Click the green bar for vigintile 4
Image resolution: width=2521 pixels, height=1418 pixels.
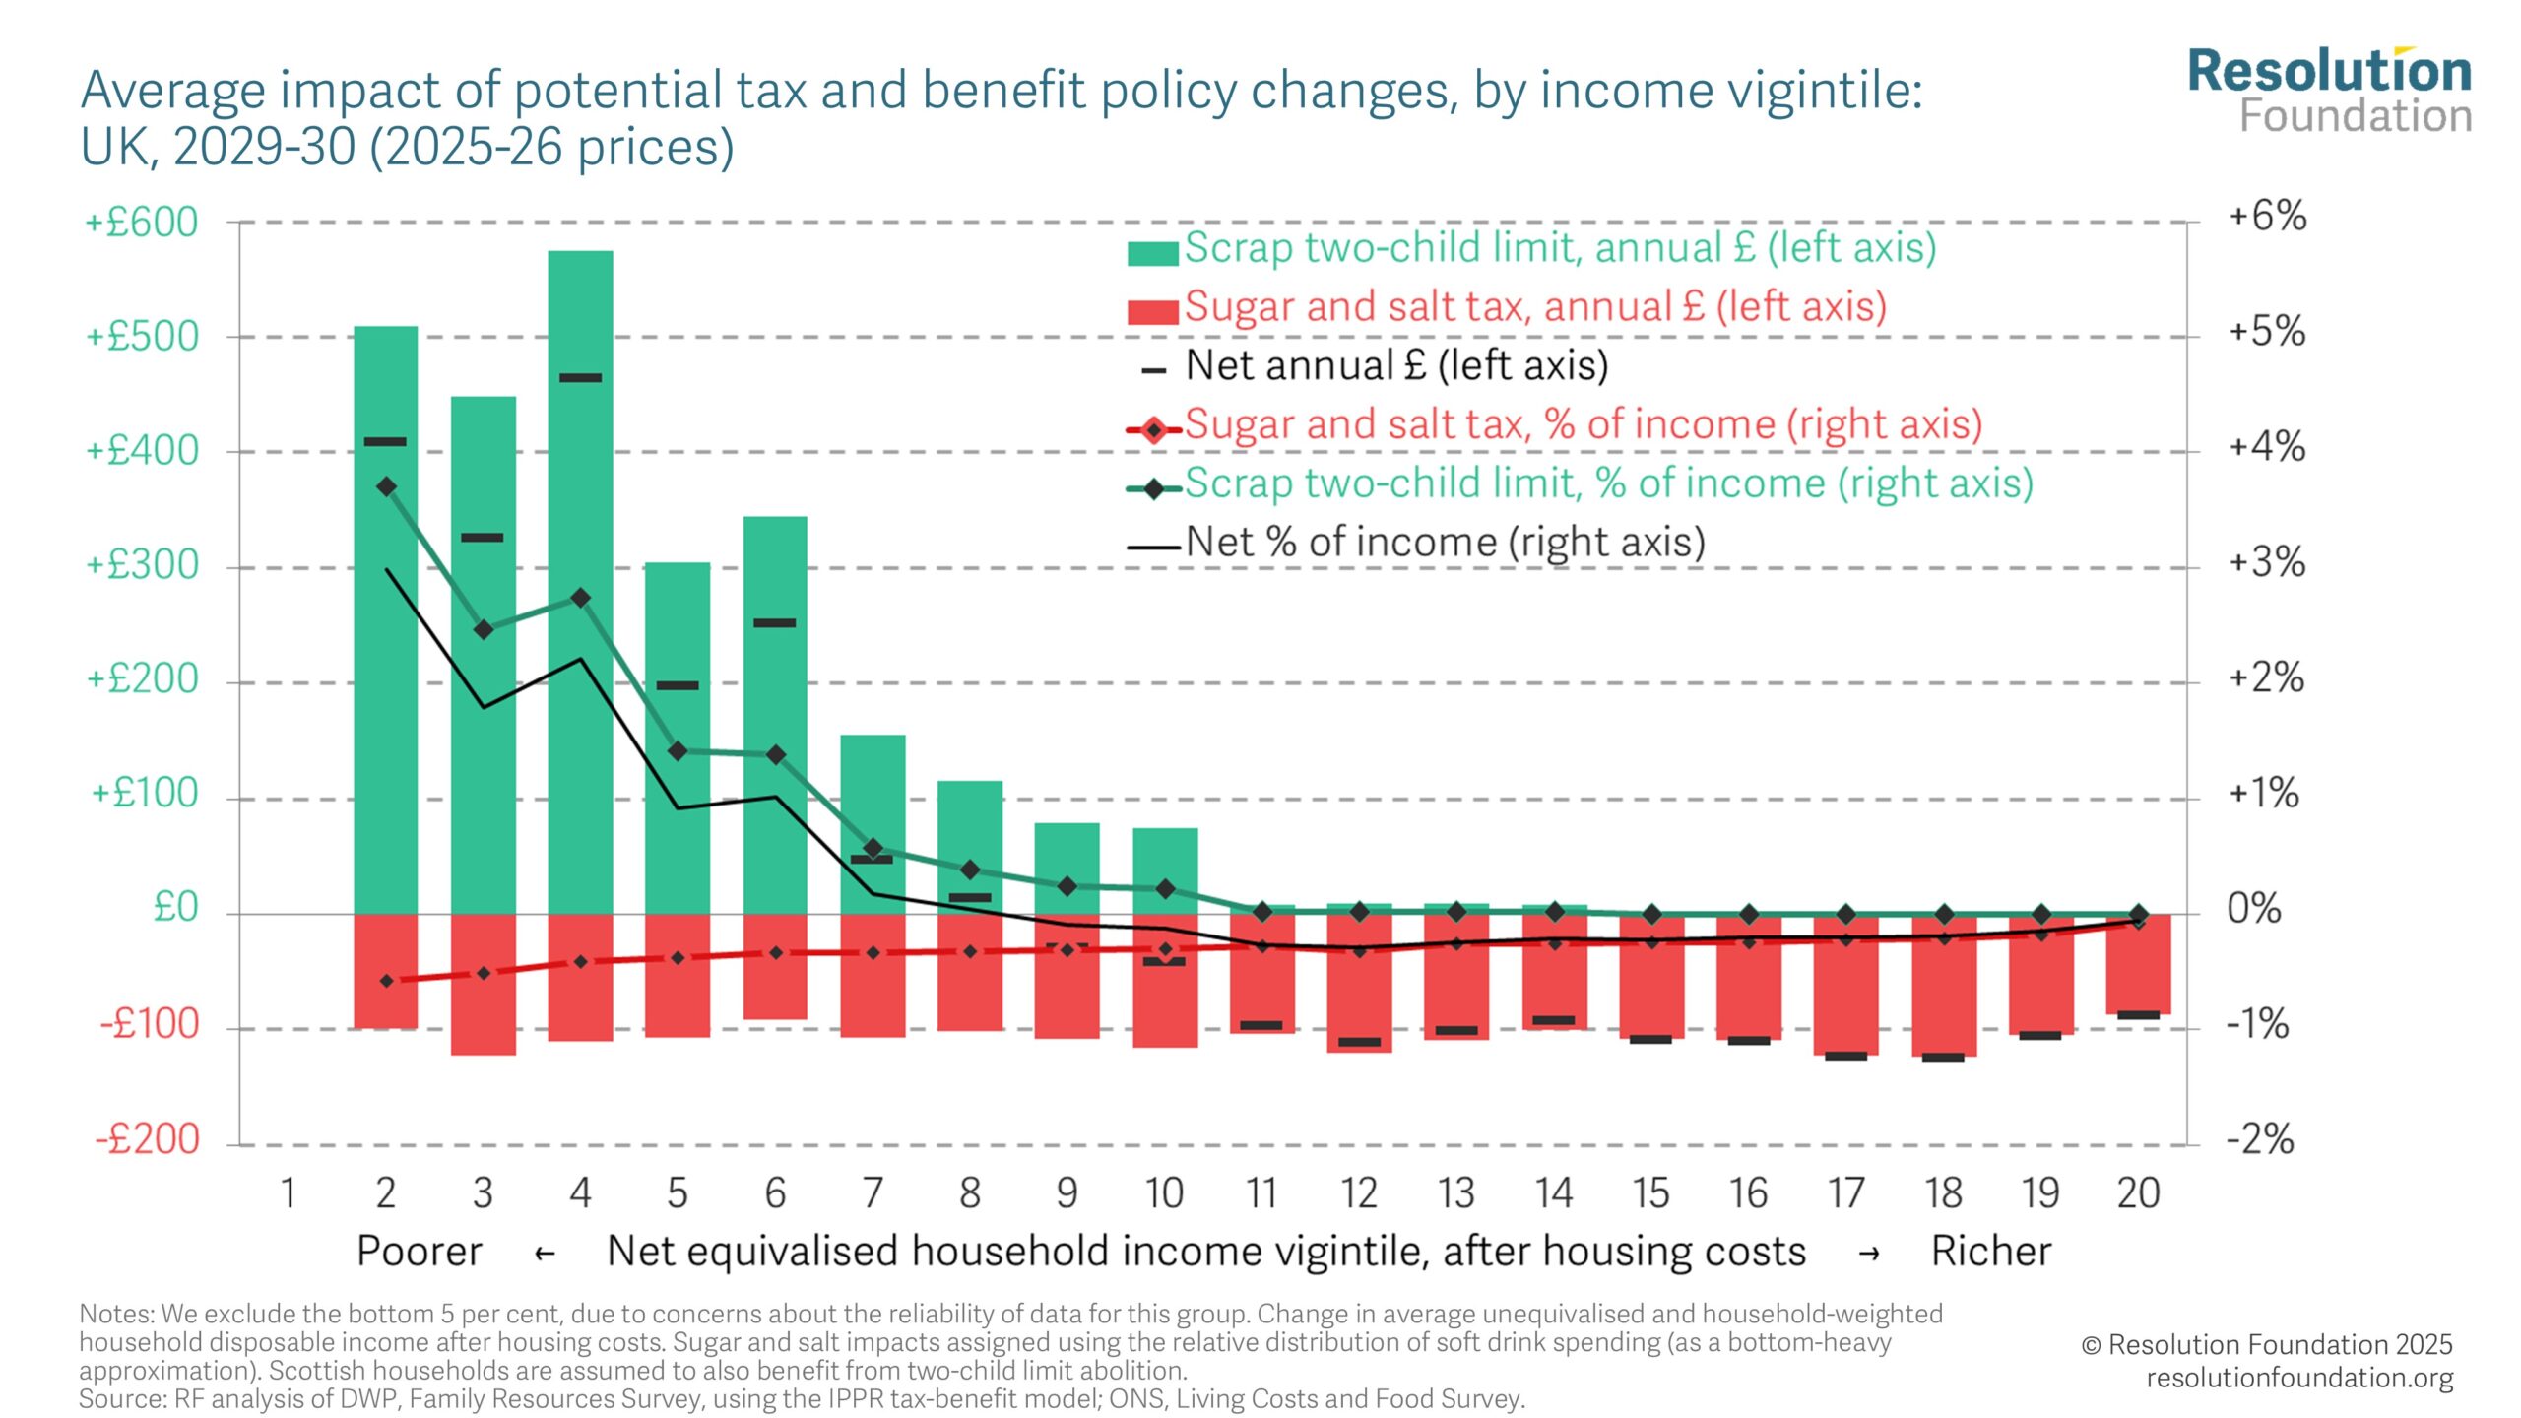coord(580,581)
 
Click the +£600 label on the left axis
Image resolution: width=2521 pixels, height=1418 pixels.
coord(142,223)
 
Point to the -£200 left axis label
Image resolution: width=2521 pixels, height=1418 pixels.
coord(148,1139)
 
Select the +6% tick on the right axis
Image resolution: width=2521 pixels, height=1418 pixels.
coord(2267,216)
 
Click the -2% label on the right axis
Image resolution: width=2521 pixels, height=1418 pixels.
coord(2260,1139)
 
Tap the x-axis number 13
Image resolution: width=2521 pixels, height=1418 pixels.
coord(1455,1193)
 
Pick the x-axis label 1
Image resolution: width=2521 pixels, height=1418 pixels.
coord(289,1193)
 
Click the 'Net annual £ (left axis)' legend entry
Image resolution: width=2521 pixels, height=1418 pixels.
coord(1395,365)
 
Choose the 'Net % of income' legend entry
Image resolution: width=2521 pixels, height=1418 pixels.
coord(1445,542)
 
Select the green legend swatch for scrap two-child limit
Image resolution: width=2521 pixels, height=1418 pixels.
coord(1152,253)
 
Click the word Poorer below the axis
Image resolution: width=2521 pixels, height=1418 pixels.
coord(420,1252)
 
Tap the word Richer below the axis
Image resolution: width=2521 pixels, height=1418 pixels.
coord(1990,1252)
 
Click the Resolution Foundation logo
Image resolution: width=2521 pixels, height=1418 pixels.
coord(2329,91)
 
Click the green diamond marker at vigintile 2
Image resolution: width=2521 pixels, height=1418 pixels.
coord(386,486)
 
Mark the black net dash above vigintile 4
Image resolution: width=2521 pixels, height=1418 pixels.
coord(580,377)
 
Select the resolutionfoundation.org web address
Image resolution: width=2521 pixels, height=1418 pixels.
coord(2299,1378)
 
